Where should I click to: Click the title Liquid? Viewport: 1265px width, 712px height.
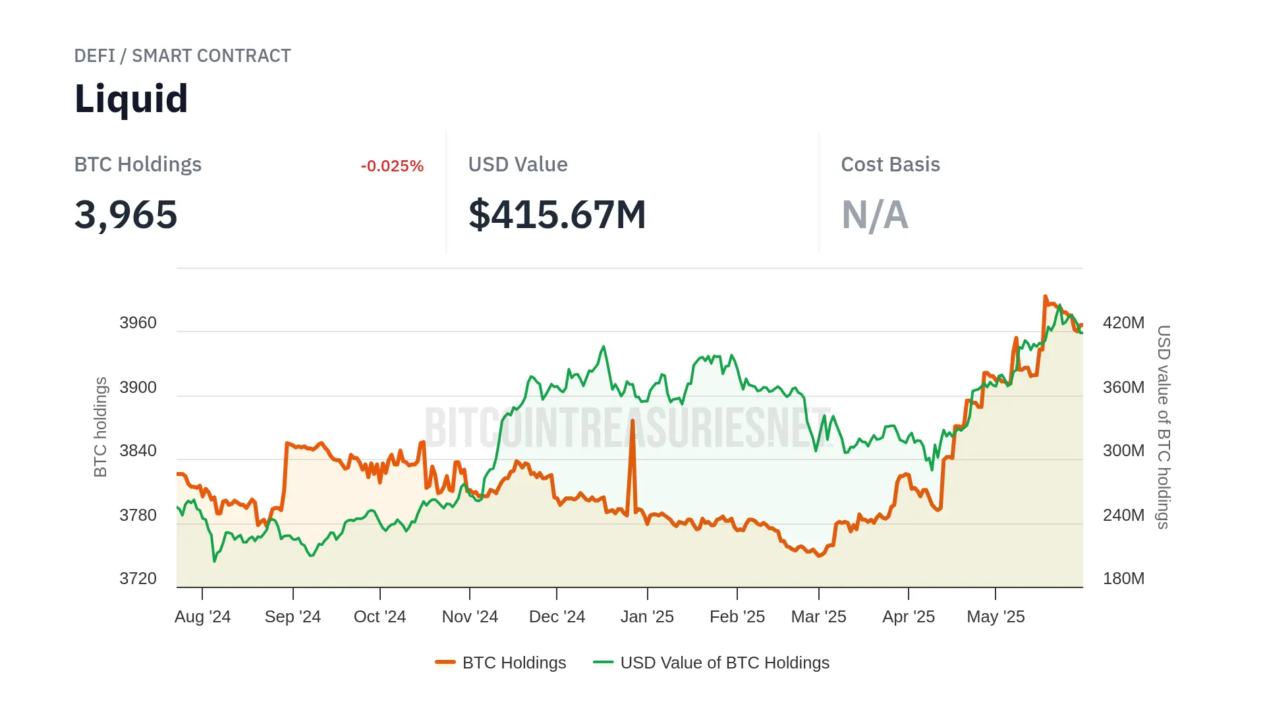[131, 99]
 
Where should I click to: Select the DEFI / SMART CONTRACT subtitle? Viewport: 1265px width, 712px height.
[182, 56]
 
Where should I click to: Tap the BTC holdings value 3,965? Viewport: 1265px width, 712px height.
[126, 215]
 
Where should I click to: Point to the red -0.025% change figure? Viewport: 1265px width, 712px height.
[392, 166]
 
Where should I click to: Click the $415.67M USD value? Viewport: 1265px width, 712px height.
[557, 215]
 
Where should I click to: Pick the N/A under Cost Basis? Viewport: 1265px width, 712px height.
[875, 215]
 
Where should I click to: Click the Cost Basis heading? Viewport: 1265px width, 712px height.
[890, 165]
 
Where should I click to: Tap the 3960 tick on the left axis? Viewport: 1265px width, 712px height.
[138, 323]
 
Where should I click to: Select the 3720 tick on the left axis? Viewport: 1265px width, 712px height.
[138, 579]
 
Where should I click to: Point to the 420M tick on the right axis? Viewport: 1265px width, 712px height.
[1123, 323]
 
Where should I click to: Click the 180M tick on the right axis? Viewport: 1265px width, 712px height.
[1123, 579]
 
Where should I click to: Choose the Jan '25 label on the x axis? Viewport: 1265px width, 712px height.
[647, 617]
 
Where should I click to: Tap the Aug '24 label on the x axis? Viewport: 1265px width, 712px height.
[202, 617]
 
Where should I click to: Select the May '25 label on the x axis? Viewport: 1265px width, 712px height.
[996, 617]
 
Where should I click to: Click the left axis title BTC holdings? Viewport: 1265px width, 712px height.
[100, 427]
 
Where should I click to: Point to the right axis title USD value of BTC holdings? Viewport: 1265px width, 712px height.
[1164, 427]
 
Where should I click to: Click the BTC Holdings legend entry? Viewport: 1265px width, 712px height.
[501, 663]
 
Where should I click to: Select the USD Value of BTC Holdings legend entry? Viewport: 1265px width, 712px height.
[712, 663]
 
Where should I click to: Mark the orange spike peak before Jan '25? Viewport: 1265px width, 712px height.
[632, 421]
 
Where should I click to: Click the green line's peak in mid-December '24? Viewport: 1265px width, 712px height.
[603, 347]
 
